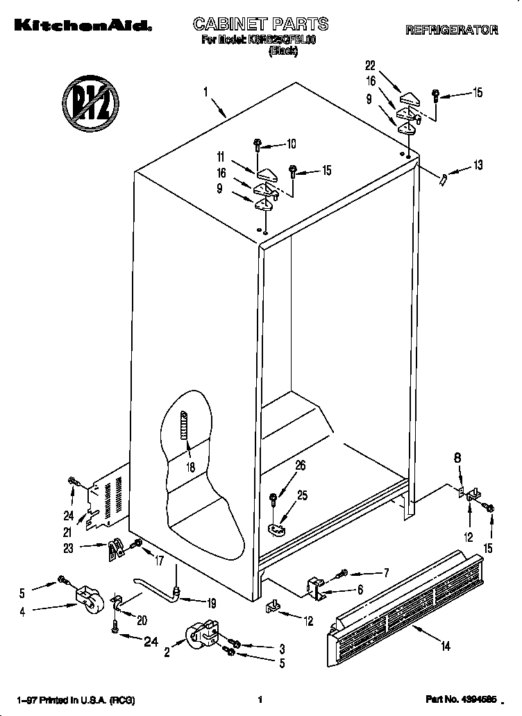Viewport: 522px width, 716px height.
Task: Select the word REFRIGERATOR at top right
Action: click(451, 30)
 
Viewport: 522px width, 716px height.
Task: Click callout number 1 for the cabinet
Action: click(206, 91)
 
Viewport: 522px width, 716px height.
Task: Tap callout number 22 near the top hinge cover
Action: click(370, 66)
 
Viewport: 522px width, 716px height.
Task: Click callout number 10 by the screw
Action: click(290, 144)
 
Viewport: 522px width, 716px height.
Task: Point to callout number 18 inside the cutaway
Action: click(190, 468)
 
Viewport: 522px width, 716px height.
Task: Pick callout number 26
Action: click(300, 466)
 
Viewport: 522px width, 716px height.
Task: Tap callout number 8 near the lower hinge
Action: click(457, 458)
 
